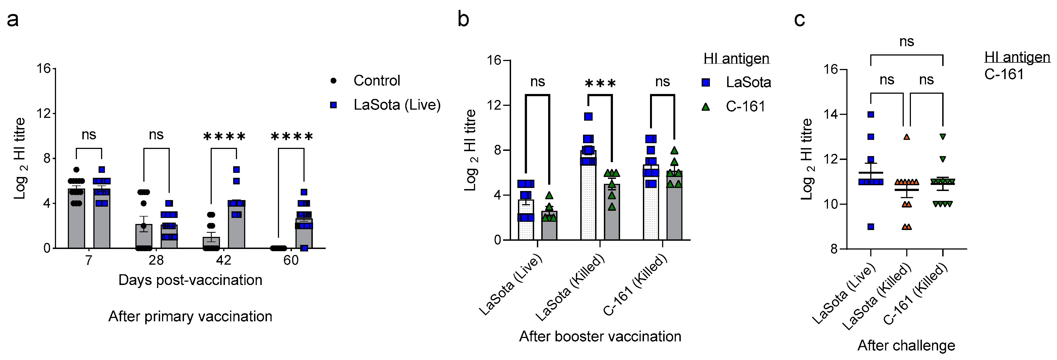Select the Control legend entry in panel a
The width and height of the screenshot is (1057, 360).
376,81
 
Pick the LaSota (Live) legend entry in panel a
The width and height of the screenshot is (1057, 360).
396,105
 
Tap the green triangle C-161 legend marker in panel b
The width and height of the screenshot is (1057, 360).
706,107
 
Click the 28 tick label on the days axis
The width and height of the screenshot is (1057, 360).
156,260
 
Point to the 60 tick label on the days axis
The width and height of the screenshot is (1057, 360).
291,260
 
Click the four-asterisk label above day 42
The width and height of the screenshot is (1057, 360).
224,137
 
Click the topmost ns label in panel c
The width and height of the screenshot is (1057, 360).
907,41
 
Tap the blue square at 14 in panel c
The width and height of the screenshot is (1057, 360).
871,115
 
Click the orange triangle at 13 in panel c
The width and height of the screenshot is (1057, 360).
907,137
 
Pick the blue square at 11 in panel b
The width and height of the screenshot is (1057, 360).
589,117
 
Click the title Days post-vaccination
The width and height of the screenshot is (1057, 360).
190,280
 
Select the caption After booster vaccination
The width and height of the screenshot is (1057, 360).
600,336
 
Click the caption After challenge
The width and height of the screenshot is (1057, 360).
906,345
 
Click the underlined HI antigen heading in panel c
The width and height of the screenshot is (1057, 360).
1017,57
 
